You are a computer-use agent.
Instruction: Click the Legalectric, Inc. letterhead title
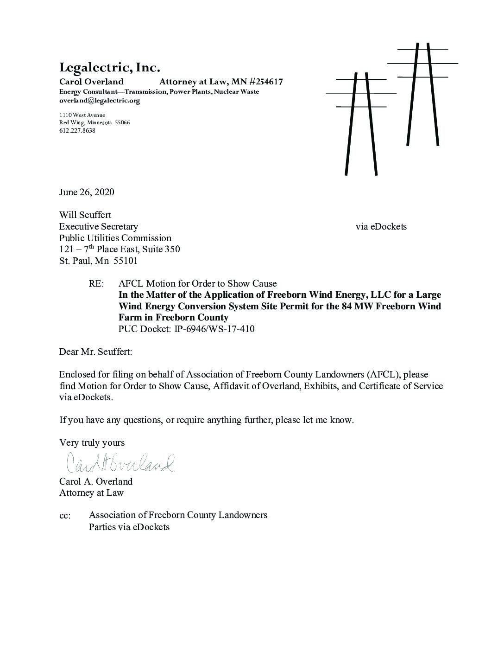pyautogui.click(x=109, y=68)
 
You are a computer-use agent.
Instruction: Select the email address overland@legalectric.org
pyautogui.click(x=99, y=101)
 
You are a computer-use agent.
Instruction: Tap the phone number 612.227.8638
pyautogui.click(x=77, y=131)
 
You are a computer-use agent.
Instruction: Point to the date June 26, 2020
pyautogui.click(x=87, y=192)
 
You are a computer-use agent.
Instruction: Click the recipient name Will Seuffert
pyautogui.click(x=85, y=215)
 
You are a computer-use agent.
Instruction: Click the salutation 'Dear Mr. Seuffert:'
pyautogui.click(x=95, y=352)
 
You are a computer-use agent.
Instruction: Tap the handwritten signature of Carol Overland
pyautogui.click(x=121, y=462)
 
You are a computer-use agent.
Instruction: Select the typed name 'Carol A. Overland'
pyautogui.click(x=96, y=481)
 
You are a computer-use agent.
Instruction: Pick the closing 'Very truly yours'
pyautogui.click(x=92, y=443)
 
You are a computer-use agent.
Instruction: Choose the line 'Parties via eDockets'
pyautogui.click(x=129, y=527)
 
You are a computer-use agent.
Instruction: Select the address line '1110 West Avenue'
pyautogui.click(x=82, y=115)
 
